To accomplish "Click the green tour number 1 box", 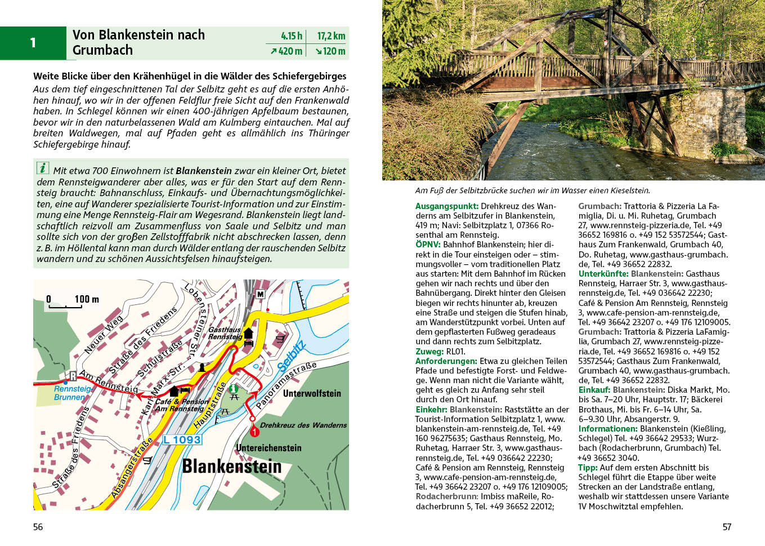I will tap(33, 43).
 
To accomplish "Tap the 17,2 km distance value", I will tap(331, 36).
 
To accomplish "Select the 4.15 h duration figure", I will tap(292, 36).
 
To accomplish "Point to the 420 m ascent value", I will tap(287, 51).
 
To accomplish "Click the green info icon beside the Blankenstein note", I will tap(43, 168).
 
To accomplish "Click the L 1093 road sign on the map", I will tap(182, 440).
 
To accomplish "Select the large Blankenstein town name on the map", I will tap(231, 467).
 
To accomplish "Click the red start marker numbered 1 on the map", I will tap(254, 432).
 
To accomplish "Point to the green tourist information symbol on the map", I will tap(234, 388).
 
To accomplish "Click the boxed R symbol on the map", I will tap(73, 376).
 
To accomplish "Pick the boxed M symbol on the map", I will tap(260, 294).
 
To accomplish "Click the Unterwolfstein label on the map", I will tap(312, 393).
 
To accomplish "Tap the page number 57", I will tap(727, 527).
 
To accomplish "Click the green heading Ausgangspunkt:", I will tap(447, 206).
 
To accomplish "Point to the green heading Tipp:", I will tap(588, 468).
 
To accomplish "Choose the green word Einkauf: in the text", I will tap(594, 390).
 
